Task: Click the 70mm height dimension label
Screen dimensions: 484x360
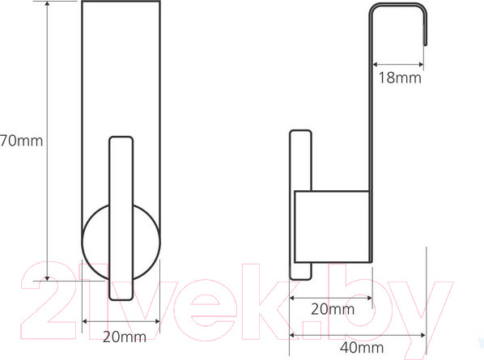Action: [x=21, y=141]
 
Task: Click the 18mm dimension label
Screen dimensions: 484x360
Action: [x=400, y=78]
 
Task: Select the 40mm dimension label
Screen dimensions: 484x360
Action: [x=362, y=348]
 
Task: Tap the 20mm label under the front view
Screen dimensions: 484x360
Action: [x=125, y=337]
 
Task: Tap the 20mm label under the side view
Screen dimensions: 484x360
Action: [x=333, y=309]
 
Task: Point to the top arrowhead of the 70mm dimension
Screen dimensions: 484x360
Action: [x=47, y=3]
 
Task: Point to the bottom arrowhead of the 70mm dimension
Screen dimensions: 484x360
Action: [x=47, y=278]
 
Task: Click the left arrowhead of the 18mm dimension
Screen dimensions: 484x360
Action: [x=375, y=65]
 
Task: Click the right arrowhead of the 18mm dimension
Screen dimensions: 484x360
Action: [x=421, y=65]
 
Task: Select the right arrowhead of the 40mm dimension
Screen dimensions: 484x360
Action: [x=423, y=335]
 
